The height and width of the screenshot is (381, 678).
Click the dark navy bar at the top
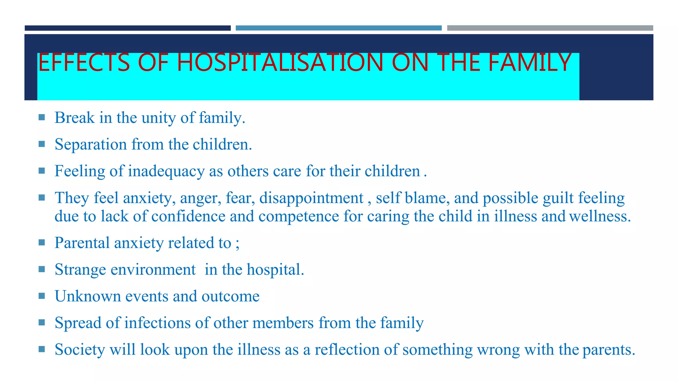[x=127, y=28]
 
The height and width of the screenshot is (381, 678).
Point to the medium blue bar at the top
[x=338, y=28]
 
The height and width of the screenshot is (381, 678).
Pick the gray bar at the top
[x=550, y=28]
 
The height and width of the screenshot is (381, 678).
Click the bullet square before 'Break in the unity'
[x=42, y=117]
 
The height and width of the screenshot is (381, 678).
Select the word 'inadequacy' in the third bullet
[x=166, y=171]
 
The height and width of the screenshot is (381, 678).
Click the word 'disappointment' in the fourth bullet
[x=311, y=198]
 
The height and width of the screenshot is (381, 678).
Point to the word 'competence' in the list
[x=299, y=216]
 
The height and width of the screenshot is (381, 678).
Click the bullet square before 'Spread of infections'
[x=42, y=322]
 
